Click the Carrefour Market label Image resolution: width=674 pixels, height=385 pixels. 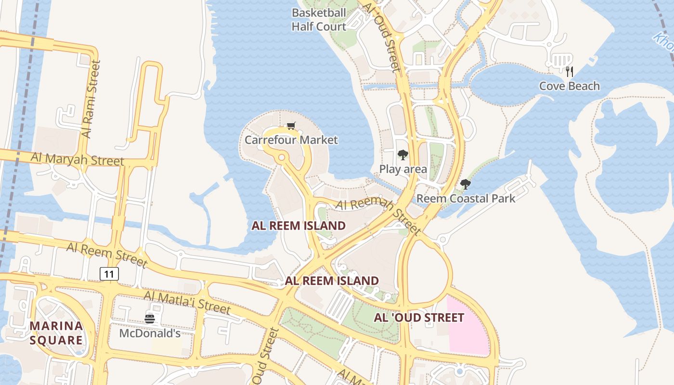pos(291,140)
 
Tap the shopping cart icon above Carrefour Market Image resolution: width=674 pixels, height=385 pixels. pos(291,126)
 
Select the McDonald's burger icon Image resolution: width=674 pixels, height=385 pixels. pos(150,319)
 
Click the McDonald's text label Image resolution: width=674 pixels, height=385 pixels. pos(150,333)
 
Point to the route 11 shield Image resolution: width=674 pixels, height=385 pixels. pos(109,274)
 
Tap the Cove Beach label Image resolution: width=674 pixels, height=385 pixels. pos(569,86)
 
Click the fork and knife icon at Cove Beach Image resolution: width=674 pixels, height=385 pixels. pos(570,72)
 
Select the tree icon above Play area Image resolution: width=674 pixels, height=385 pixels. pos(403,155)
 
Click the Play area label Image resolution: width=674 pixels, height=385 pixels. pos(403,169)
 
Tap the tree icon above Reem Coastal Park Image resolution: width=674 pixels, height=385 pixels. pos(465,184)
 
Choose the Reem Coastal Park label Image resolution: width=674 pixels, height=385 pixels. pos(466,198)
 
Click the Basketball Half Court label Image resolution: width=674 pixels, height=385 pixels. pos(319,20)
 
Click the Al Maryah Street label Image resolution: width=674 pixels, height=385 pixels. pos(78,159)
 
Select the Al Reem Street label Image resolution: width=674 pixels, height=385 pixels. pos(107,255)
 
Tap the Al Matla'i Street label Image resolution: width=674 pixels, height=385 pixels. pos(187,302)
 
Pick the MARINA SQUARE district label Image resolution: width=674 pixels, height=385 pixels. pos(56,333)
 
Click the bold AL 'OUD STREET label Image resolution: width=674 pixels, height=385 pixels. pos(419,318)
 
